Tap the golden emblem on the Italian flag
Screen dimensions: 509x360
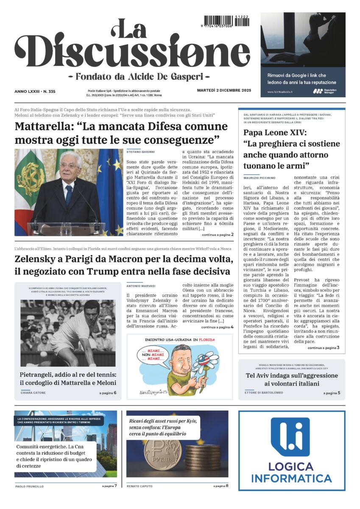[x=31, y=178]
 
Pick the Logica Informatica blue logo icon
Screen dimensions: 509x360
[x=291, y=437]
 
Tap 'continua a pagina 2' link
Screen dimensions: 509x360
[x=218, y=235]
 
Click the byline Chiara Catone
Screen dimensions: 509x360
[x=33, y=393]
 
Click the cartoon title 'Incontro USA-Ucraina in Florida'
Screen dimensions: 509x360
[x=180, y=340]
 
